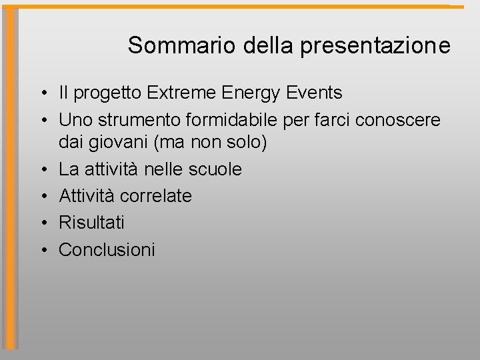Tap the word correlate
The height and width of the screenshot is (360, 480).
click(156, 196)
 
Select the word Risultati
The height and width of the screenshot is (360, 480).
click(92, 223)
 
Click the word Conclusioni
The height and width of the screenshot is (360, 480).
click(107, 249)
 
